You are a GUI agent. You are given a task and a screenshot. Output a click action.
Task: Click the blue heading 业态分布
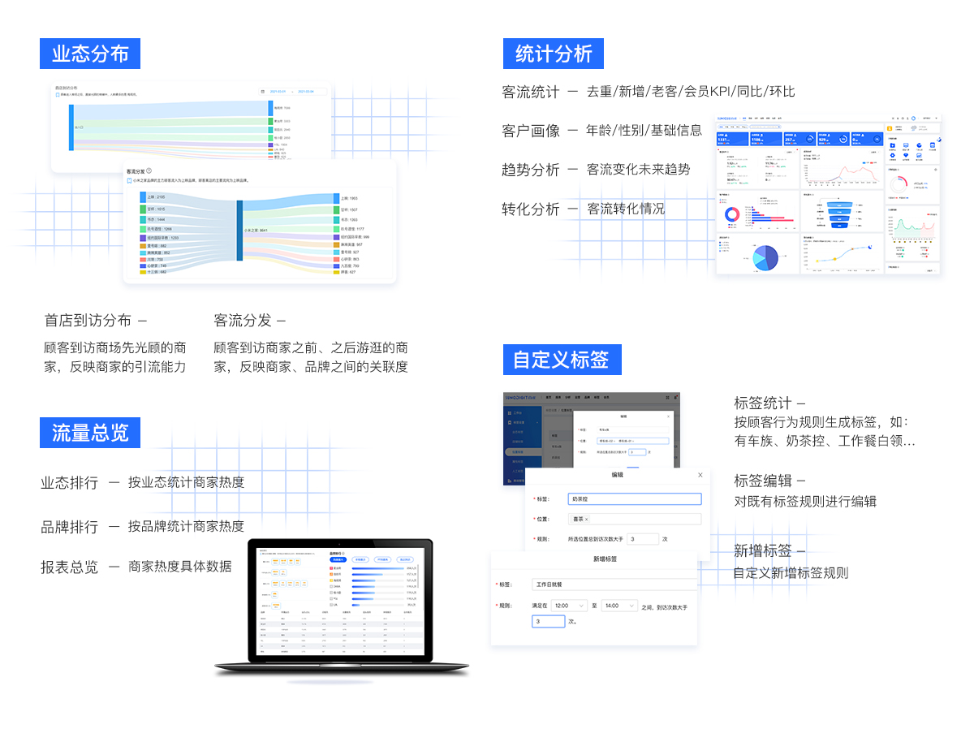tap(90, 54)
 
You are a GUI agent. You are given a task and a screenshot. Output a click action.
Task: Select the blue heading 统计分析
tap(554, 54)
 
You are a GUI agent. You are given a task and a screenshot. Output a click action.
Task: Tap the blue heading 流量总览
tap(90, 433)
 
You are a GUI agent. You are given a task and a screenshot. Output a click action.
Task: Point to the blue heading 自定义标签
tap(562, 360)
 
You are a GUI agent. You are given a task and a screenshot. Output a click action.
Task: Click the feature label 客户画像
tap(531, 131)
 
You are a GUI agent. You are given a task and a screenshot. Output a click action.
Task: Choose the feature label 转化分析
tap(531, 209)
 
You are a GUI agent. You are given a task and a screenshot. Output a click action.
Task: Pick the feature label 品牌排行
tap(70, 527)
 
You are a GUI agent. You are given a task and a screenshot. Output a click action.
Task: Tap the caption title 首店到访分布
tap(88, 321)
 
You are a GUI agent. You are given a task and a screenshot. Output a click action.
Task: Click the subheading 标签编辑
tap(763, 481)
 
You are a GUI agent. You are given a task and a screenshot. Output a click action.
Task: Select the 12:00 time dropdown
tap(569, 606)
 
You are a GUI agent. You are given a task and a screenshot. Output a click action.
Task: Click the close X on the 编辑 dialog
tap(700, 475)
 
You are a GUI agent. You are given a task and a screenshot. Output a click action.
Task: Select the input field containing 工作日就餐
tap(614, 584)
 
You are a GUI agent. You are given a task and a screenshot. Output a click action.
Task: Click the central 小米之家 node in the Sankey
tap(240, 231)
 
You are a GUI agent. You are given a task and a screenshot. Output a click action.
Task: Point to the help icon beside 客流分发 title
tap(149, 171)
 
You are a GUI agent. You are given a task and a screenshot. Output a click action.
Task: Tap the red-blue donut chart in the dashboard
tap(732, 214)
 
